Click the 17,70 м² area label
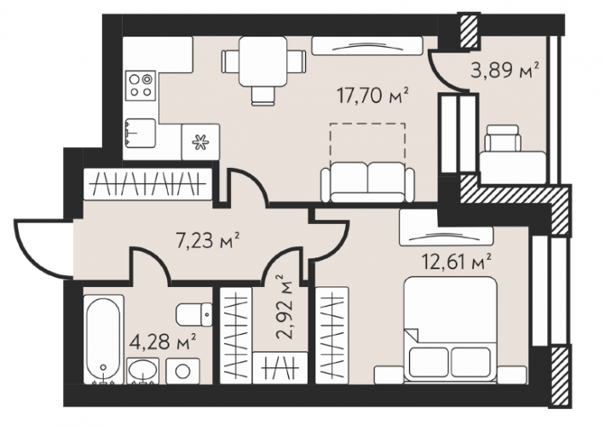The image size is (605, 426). (x=372, y=95)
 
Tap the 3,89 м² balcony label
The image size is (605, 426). (x=504, y=71)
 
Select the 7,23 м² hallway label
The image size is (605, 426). (x=208, y=240)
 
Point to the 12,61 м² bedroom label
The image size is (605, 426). (x=457, y=262)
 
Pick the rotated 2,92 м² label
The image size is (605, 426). (x=285, y=307)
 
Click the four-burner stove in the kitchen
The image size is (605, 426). (x=141, y=86)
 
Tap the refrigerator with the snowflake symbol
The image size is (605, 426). (x=200, y=142)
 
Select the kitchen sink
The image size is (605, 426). (x=140, y=133)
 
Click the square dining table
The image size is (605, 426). (x=263, y=61)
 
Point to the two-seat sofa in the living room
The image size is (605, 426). (x=368, y=182)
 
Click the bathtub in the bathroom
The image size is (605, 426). (x=103, y=339)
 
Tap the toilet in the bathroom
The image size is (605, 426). (x=194, y=314)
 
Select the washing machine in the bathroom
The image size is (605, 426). (x=182, y=371)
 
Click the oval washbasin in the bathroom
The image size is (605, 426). (x=143, y=371)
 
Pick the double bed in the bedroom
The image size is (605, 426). (x=450, y=329)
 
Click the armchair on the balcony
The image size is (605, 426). (x=503, y=138)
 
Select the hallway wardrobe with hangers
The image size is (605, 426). (x=147, y=184)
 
